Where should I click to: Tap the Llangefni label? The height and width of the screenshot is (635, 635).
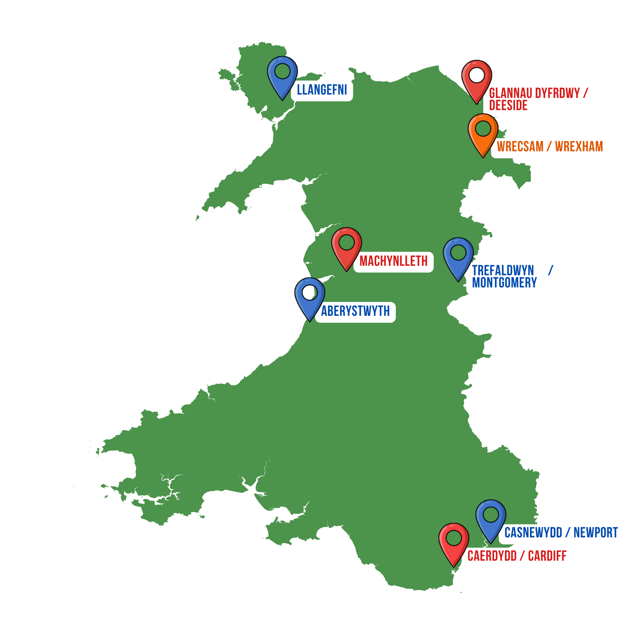(x=322, y=90)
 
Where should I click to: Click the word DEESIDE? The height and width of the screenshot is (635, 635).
(x=508, y=105)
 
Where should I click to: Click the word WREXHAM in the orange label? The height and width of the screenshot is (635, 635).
(x=579, y=147)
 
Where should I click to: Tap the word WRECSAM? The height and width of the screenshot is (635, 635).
(x=520, y=147)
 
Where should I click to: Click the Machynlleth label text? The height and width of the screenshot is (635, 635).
(x=393, y=261)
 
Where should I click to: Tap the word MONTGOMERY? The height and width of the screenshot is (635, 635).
(x=504, y=283)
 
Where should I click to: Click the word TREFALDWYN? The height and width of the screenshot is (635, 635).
(x=503, y=271)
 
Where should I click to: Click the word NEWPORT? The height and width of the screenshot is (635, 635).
(x=595, y=533)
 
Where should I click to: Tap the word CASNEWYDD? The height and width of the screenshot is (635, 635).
(x=533, y=533)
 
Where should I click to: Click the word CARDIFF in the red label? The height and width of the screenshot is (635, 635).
(x=547, y=556)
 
